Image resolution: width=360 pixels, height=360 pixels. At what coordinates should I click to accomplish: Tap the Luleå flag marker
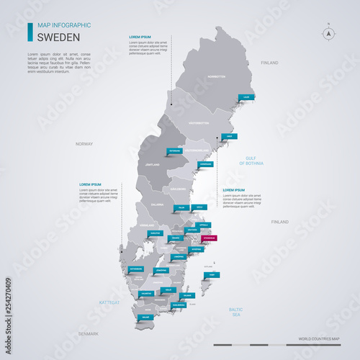point(247,96)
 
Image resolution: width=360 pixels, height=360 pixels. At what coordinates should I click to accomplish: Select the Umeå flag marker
point(230,135)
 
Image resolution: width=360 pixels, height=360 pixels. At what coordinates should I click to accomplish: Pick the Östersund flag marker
point(175,151)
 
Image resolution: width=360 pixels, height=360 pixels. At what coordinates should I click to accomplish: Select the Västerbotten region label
point(199,123)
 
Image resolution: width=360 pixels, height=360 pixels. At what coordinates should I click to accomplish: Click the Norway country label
point(84,144)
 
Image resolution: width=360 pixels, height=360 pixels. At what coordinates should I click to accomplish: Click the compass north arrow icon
point(328,33)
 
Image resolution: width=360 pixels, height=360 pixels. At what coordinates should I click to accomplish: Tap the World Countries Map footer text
point(318,338)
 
